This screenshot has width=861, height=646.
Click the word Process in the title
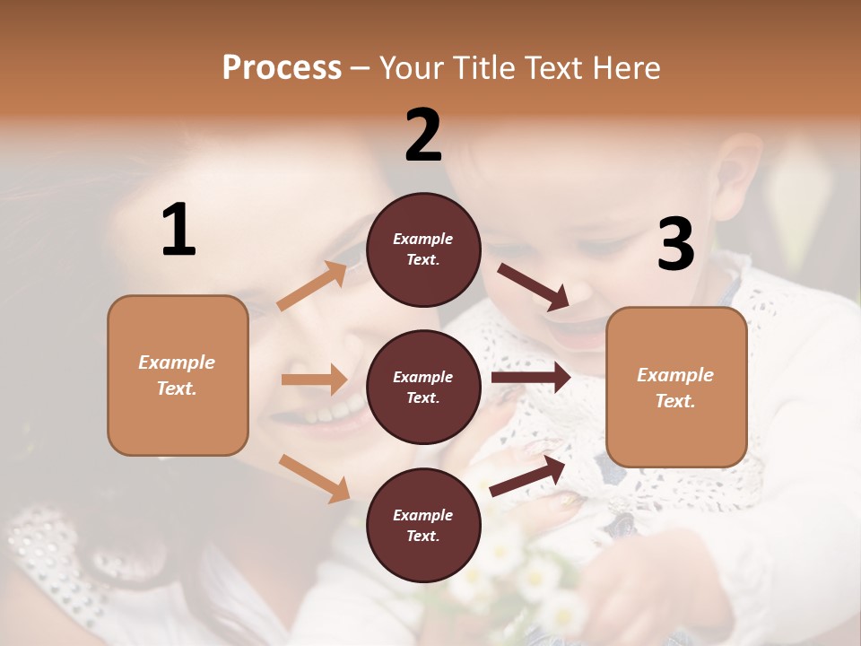tap(282, 68)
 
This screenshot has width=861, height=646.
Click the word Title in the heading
tap(482, 68)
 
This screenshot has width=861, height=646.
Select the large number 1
tap(178, 231)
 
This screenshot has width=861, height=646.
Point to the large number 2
tap(423, 135)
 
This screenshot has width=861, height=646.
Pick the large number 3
tap(675, 245)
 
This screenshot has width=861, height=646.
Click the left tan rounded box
tap(178, 375)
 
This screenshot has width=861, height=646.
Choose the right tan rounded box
tap(676, 387)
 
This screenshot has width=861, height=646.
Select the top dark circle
tap(423, 249)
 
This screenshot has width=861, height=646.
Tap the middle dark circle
tap(423, 387)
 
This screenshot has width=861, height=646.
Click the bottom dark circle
tap(423, 525)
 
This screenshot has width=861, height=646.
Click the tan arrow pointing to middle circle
tap(314, 380)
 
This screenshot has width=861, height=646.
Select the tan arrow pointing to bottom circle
tap(315, 477)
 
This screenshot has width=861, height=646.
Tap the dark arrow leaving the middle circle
tap(531, 377)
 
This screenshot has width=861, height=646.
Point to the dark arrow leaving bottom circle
tap(527, 476)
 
